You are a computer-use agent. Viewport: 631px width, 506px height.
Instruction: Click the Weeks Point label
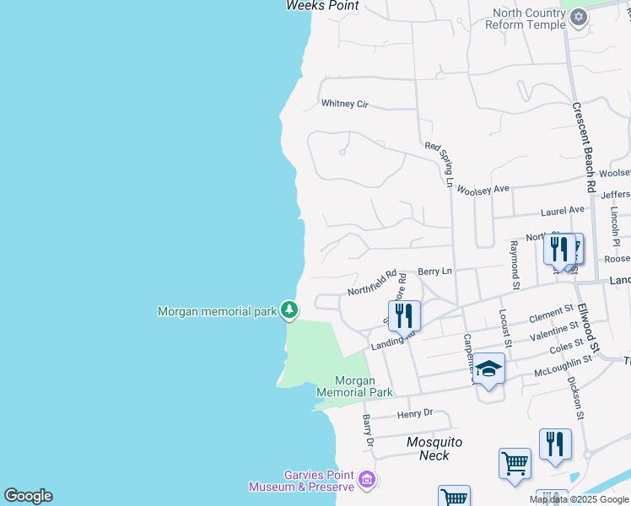(x=322, y=6)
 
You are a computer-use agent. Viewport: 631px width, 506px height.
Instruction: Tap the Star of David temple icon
(x=578, y=17)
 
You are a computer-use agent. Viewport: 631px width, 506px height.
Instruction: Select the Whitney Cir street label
(x=345, y=104)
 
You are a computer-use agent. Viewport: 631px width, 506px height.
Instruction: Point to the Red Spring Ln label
(x=440, y=164)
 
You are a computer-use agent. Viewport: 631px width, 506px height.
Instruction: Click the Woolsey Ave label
(x=483, y=190)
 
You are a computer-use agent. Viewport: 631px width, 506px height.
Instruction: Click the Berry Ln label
(x=435, y=272)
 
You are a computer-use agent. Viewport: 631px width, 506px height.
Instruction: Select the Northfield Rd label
(x=372, y=283)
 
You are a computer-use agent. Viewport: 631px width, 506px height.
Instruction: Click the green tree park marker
(x=289, y=311)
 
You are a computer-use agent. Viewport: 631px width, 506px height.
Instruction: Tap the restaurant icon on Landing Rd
(x=405, y=315)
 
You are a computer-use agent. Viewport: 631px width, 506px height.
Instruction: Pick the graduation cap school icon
(x=488, y=369)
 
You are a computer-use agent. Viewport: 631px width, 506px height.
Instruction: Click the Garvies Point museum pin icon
(x=366, y=480)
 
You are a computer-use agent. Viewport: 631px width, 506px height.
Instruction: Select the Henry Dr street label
(x=414, y=413)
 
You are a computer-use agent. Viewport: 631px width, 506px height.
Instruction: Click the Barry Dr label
(x=368, y=430)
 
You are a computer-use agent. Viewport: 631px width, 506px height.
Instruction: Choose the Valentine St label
(x=554, y=331)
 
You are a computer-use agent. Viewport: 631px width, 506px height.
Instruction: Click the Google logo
(x=28, y=496)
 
